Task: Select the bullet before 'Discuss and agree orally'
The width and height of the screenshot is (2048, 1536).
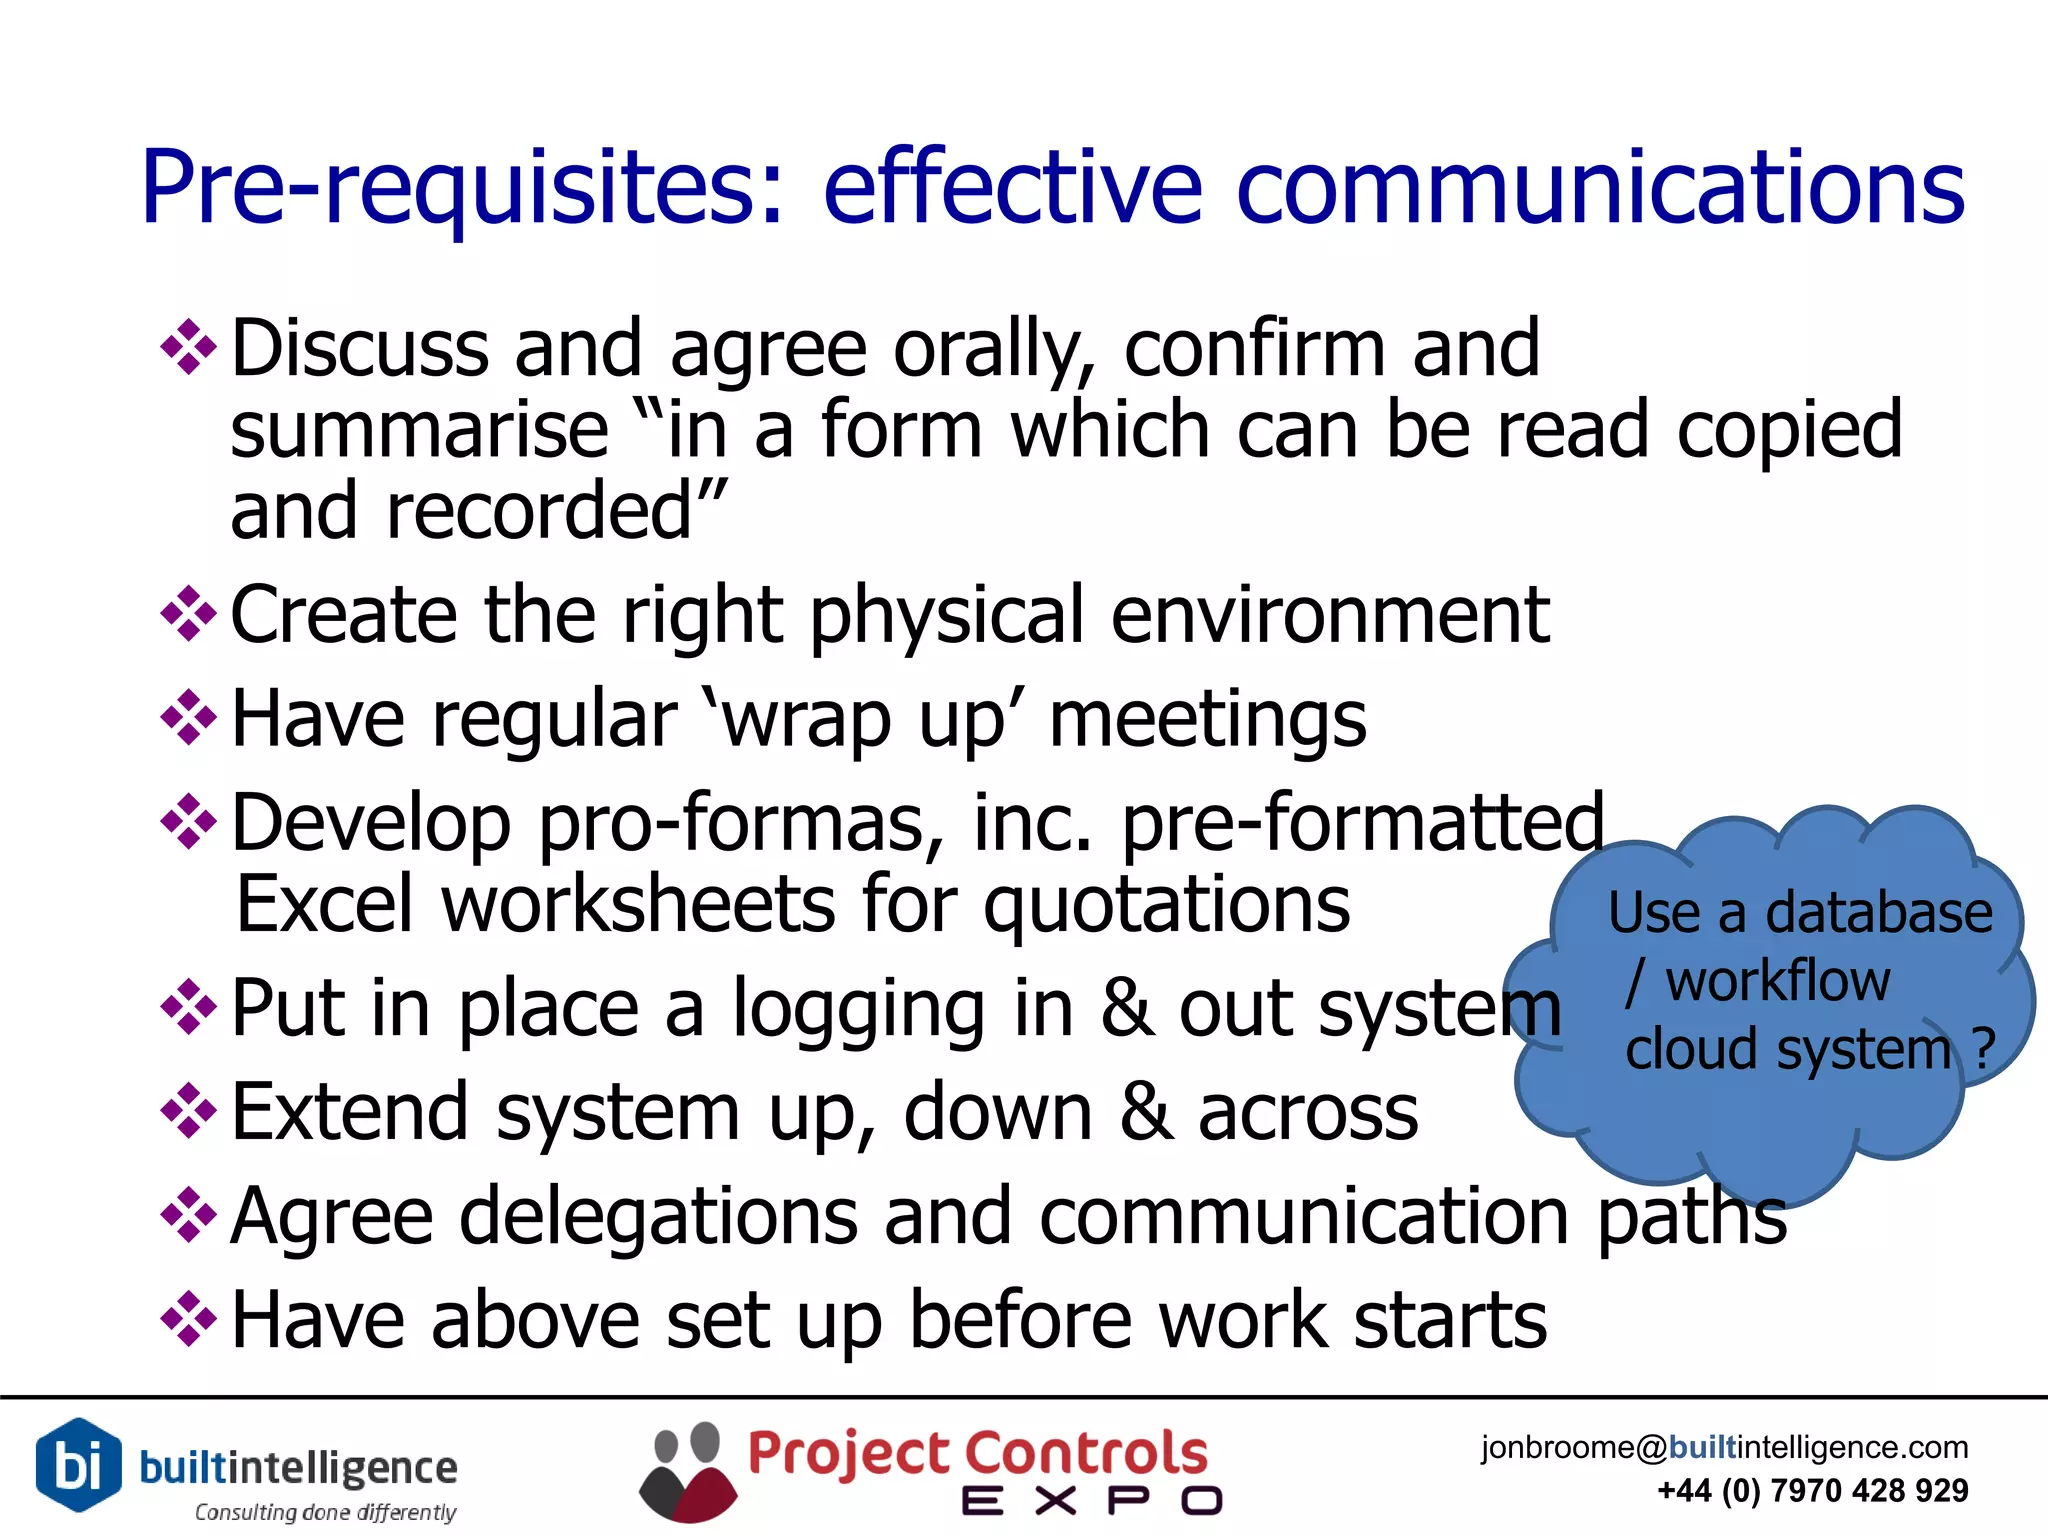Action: pos(188,347)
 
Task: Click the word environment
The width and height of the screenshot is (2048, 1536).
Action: pos(1330,614)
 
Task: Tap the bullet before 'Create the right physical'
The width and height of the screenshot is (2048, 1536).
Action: pos(188,613)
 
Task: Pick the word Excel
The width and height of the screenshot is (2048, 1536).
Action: pos(325,904)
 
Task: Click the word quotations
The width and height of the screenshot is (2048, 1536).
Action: pos(1166,906)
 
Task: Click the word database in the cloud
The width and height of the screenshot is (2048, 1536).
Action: pos(1879,914)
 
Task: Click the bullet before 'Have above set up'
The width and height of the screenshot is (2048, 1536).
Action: pos(188,1319)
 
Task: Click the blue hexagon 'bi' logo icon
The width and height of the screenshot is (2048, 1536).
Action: pos(78,1465)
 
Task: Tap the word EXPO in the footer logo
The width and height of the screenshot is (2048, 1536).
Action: pos(1091,1501)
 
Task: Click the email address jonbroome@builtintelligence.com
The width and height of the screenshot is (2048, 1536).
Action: pos(1724,1447)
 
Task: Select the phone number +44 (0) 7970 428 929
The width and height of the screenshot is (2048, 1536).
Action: pos(1812,1491)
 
